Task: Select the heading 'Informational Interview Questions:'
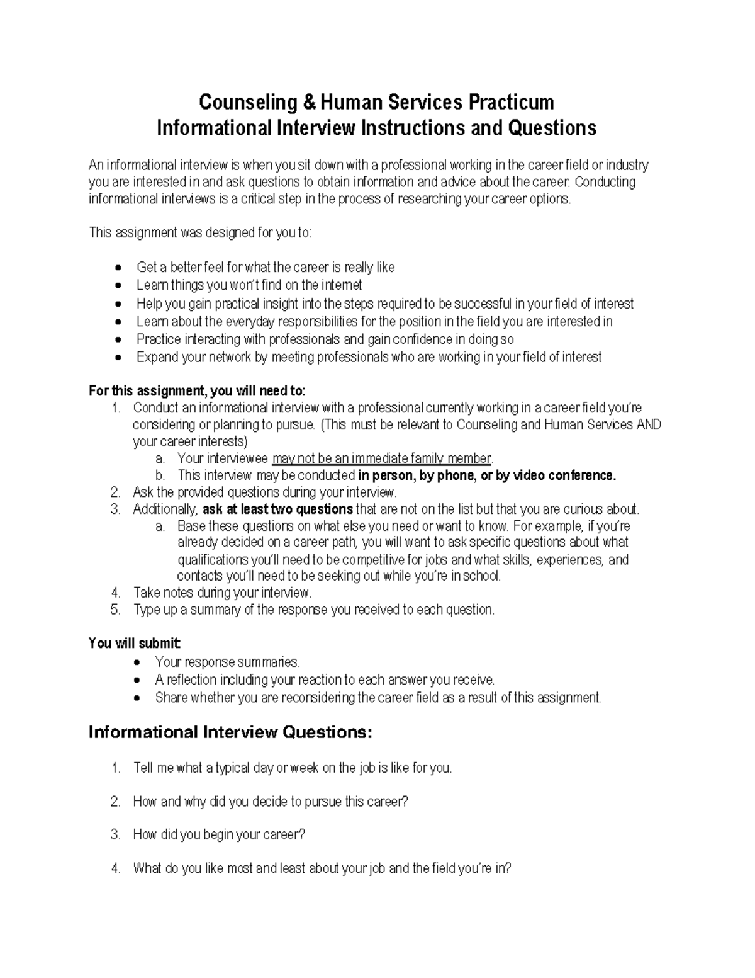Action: (x=231, y=732)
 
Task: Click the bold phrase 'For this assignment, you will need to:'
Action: (x=197, y=391)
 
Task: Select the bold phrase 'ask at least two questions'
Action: (x=277, y=509)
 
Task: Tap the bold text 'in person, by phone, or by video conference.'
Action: (x=487, y=475)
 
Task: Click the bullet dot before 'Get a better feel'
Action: (x=120, y=268)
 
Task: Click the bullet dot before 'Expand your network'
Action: (x=120, y=358)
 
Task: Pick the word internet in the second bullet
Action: (x=340, y=285)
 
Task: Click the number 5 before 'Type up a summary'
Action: (x=115, y=610)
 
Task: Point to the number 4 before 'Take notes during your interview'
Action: (x=115, y=593)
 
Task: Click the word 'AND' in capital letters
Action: (x=649, y=425)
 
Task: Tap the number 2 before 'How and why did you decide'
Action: (x=115, y=802)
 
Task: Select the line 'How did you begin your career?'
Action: (x=219, y=835)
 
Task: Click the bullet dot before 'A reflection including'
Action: (x=138, y=681)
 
